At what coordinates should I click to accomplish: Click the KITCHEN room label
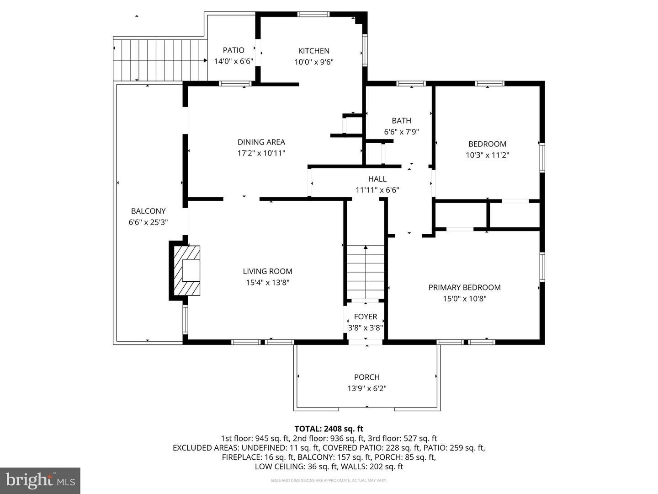click(x=313, y=51)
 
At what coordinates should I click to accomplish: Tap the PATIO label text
click(x=233, y=50)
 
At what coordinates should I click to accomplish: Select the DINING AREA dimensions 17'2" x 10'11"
click(x=261, y=153)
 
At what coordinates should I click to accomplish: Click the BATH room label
click(x=401, y=121)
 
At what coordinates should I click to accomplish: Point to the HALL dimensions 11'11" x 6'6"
click(x=377, y=190)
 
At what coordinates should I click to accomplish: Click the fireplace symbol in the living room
click(x=187, y=270)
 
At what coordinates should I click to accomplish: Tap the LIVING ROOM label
click(x=267, y=271)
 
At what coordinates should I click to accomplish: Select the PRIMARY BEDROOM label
click(x=464, y=287)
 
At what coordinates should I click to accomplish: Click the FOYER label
click(x=366, y=317)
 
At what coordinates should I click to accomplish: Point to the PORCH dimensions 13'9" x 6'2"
click(x=367, y=388)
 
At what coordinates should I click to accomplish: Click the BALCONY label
click(x=148, y=211)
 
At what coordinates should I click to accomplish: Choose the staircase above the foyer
click(x=366, y=272)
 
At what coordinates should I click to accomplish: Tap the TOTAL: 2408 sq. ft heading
click(x=329, y=429)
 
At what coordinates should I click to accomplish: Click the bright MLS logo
click(x=40, y=480)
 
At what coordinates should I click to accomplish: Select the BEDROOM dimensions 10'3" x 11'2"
click(x=487, y=155)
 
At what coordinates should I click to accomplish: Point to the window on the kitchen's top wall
click(x=313, y=14)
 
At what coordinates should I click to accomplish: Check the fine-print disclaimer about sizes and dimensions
click(x=329, y=480)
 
